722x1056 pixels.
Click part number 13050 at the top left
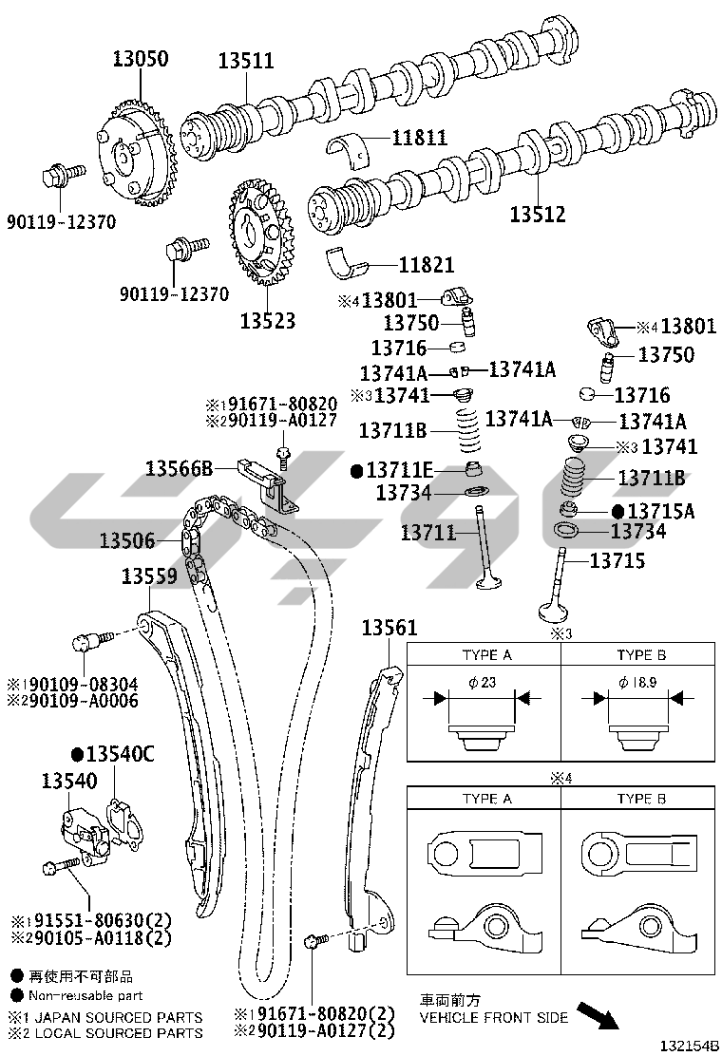coord(140,59)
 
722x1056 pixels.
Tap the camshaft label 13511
coord(246,61)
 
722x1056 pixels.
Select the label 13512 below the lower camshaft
coord(538,215)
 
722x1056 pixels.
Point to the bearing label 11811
coord(420,138)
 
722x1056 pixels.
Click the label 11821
coord(427,265)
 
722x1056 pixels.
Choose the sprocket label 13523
coord(268,321)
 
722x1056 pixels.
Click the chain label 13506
coord(127,540)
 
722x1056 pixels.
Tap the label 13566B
coord(180,468)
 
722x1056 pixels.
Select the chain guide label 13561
coord(389,628)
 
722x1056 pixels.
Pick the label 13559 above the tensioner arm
coord(149,575)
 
